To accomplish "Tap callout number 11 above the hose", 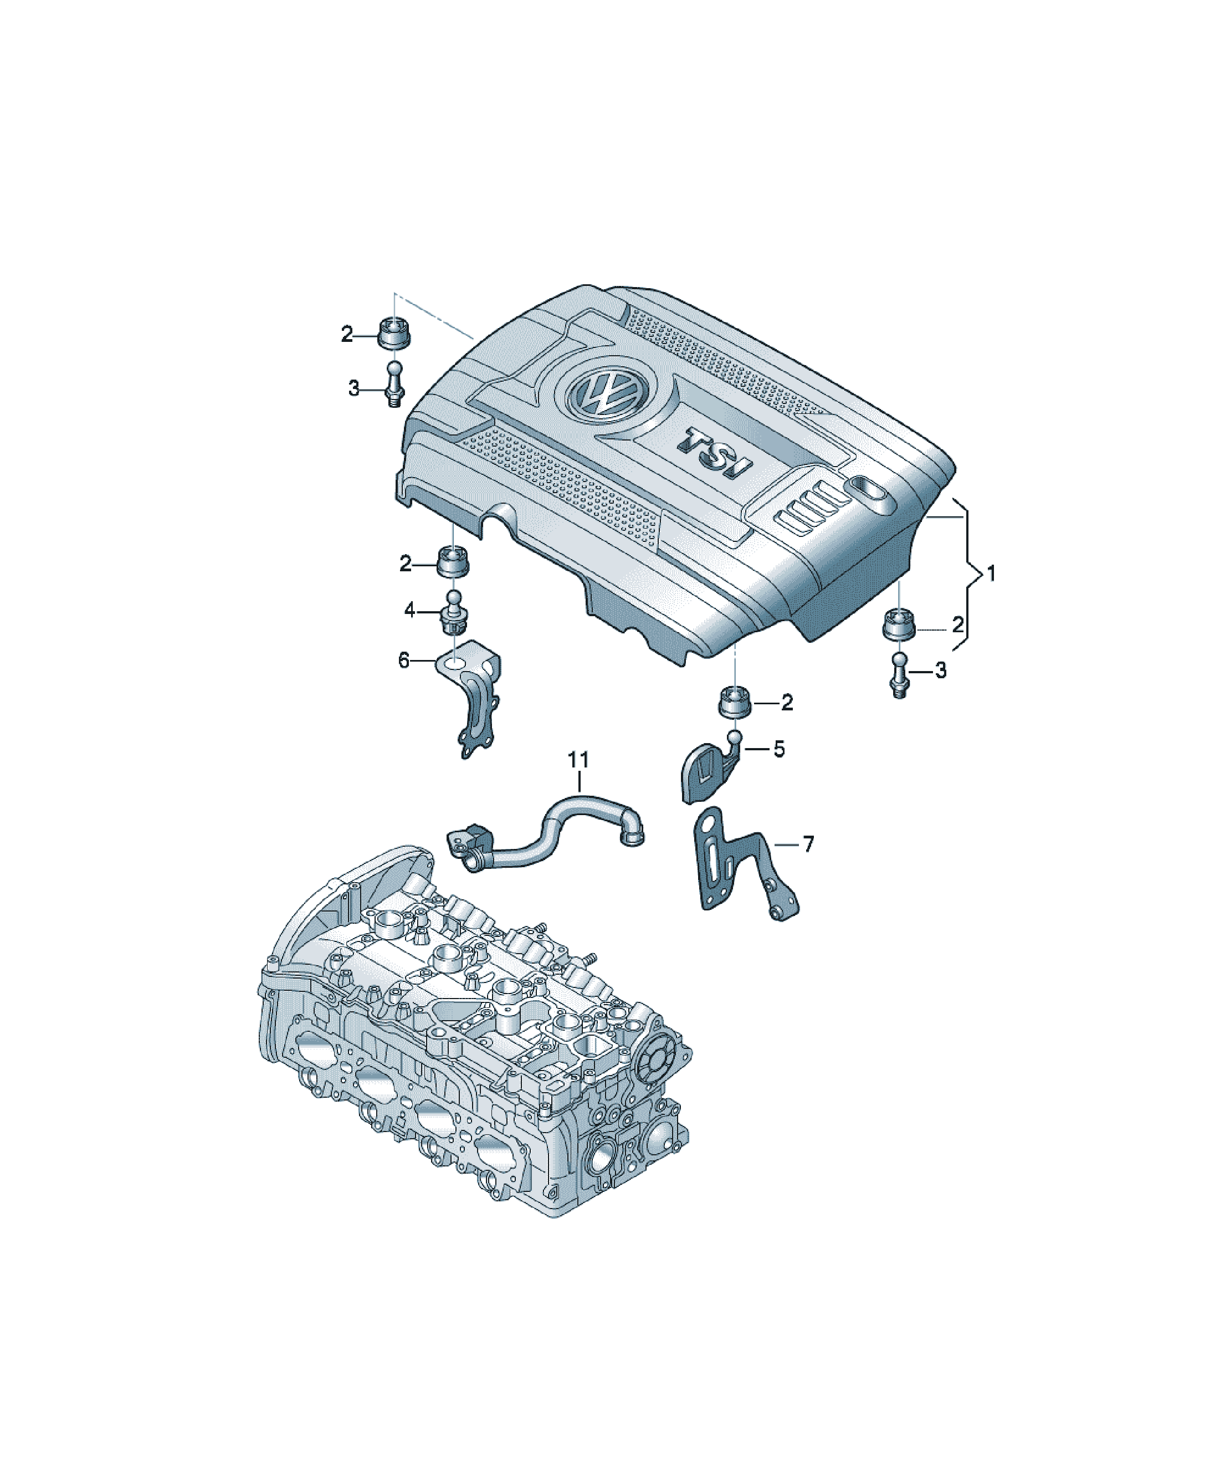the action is point(578,759).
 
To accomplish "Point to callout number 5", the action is point(778,749).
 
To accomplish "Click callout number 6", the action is point(404,659).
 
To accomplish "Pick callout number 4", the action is point(410,611).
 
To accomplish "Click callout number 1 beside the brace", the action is point(991,574).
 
